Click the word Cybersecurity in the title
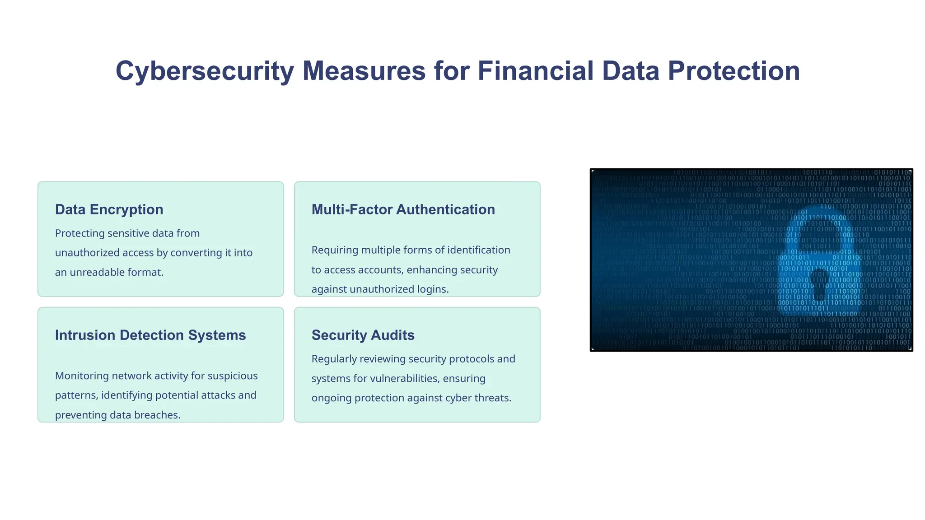(205, 71)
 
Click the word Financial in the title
(535, 71)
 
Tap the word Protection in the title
(733, 71)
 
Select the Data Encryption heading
(109, 209)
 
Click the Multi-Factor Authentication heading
(403, 209)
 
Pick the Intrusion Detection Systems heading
(150, 335)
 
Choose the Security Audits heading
(363, 335)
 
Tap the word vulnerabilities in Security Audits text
(405, 378)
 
